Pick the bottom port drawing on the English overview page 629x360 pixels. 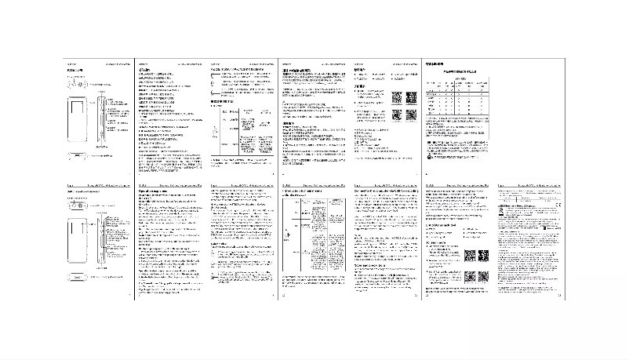click(78, 278)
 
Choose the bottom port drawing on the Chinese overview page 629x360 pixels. click(78, 155)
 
